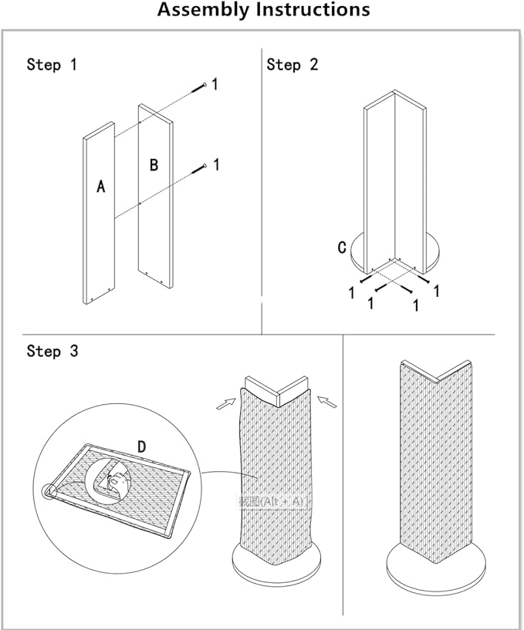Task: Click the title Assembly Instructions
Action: tap(263, 11)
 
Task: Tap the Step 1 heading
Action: tap(52, 65)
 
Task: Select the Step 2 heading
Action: tap(292, 65)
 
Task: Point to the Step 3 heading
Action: tap(52, 352)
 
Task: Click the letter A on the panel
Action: tap(100, 186)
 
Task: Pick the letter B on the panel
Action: tap(154, 165)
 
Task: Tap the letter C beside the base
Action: tap(341, 248)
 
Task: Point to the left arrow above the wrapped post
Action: tap(226, 403)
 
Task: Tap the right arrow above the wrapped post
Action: tap(328, 401)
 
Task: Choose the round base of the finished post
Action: tap(437, 567)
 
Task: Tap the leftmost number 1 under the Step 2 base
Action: tap(352, 293)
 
